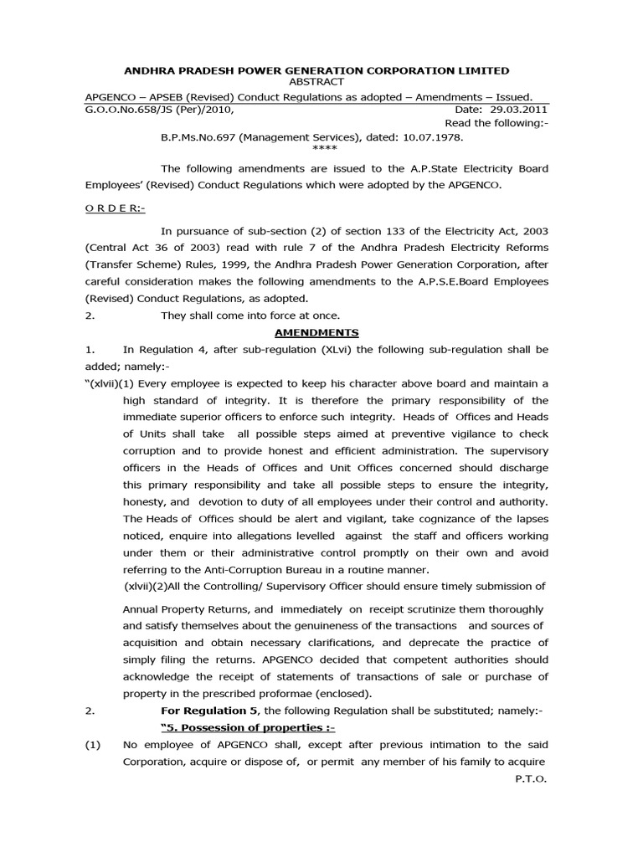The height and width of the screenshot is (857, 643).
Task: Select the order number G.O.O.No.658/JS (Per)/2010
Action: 159,110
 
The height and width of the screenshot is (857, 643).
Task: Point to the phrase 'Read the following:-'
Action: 496,123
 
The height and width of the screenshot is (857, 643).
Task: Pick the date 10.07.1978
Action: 432,136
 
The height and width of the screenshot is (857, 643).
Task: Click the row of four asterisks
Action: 322,149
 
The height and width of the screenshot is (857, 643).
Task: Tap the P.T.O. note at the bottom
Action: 530,778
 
